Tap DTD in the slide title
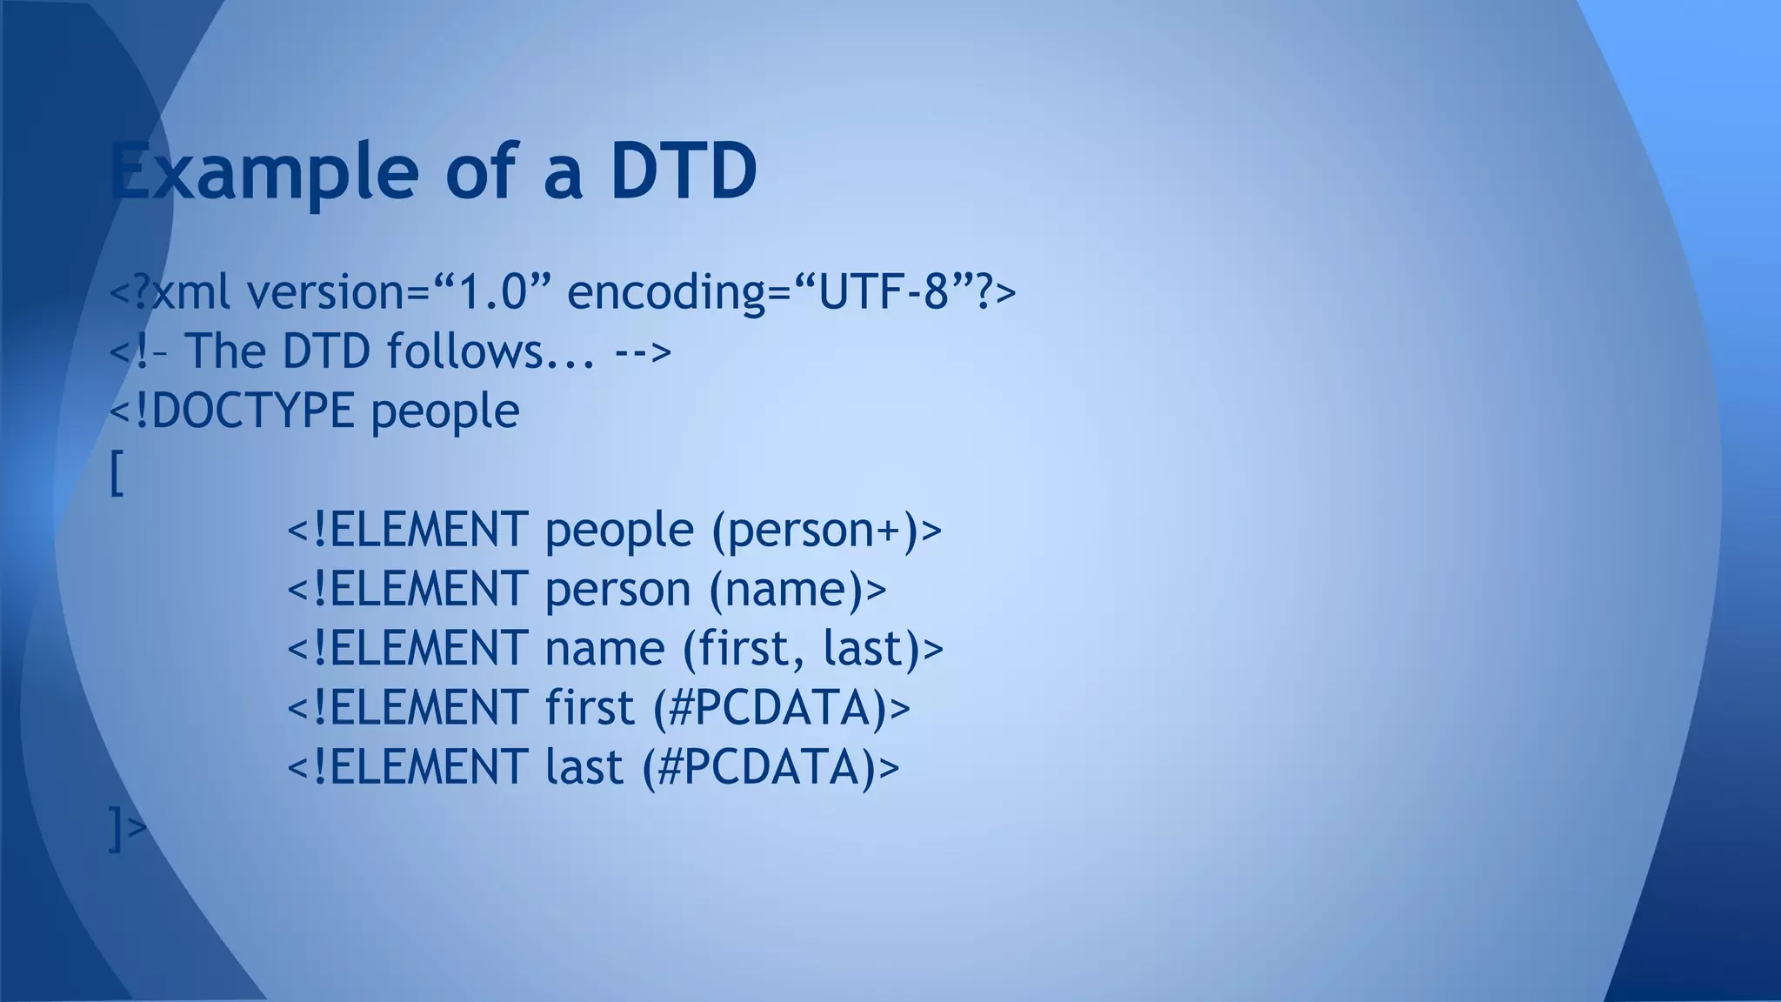click(684, 171)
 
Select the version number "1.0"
click(492, 291)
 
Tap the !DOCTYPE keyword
click(244, 411)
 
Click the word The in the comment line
click(224, 351)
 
